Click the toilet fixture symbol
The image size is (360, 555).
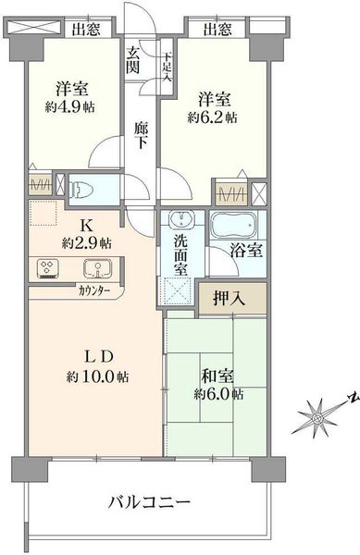coord(81,190)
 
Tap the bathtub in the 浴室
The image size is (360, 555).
coord(233,226)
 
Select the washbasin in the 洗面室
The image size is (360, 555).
coord(180,219)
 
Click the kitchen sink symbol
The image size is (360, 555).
coord(98,268)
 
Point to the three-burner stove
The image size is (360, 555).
coord(48,268)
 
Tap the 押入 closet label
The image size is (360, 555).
coord(229,299)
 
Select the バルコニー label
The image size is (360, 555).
coord(149,502)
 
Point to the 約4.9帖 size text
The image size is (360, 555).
coord(69,107)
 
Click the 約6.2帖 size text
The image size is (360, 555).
coord(212,117)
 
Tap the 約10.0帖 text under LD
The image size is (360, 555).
coord(97,376)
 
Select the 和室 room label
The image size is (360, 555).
coord(217,376)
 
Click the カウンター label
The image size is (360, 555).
coord(94,291)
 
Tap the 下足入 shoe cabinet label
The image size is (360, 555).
coord(167,68)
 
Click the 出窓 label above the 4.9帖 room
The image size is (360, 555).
coord(86,30)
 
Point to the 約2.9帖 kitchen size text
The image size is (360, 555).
coord(87,242)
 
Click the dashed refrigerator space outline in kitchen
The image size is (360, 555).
coord(43,213)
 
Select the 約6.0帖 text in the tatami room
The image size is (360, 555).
coord(218,394)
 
